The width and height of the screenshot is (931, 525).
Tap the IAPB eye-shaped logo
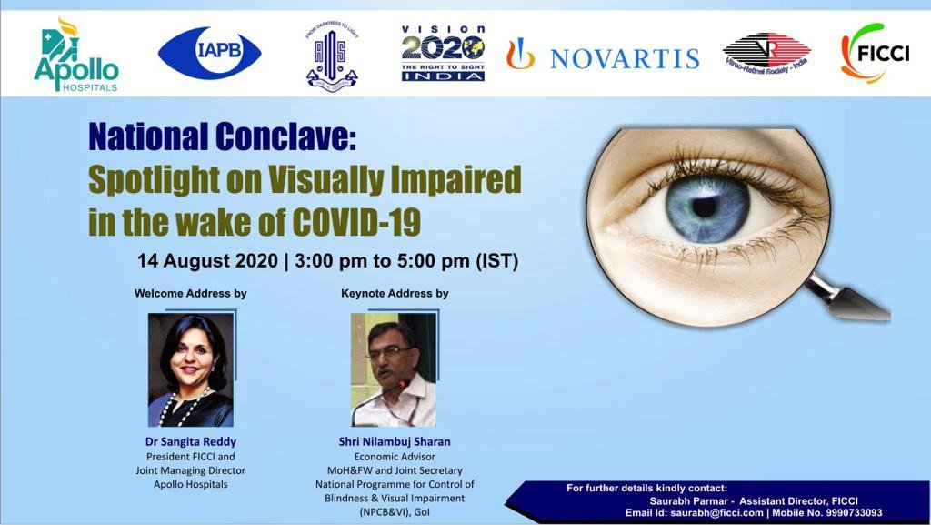(210, 52)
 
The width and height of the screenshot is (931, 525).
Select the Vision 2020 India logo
(443, 52)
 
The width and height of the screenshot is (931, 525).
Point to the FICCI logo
(876, 53)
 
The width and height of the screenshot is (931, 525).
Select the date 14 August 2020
(206, 261)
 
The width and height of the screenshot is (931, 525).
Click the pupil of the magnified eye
(704, 207)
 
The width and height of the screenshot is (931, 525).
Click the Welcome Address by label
(190, 294)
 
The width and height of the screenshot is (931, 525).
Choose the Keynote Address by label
(395, 294)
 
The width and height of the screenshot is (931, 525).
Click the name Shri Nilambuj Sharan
(395, 442)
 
